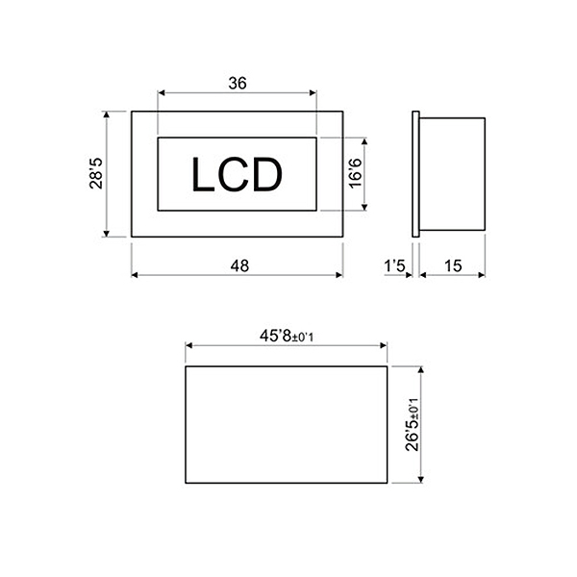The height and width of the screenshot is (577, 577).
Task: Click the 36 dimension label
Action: (x=238, y=83)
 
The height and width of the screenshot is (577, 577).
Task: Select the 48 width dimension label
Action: (x=239, y=265)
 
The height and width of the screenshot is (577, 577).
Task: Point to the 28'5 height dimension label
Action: (x=96, y=173)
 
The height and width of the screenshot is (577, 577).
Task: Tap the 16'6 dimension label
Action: (x=356, y=173)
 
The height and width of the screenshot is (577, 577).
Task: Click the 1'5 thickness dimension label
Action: (x=394, y=265)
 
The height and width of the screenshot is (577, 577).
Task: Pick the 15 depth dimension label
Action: (x=453, y=265)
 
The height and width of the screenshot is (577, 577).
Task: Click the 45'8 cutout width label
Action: (x=276, y=336)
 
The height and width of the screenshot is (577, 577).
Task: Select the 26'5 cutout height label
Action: (x=413, y=436)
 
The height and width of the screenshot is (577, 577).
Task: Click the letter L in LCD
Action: (x=203, y=174)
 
